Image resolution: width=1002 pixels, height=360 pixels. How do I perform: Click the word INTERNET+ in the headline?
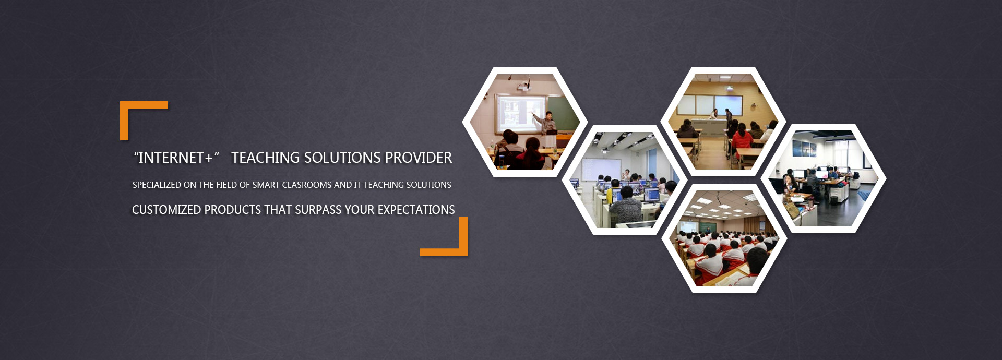point(176,158)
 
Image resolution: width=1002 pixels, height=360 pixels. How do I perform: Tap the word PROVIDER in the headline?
point(419,158)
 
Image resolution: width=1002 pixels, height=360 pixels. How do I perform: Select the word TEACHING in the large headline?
point(266,158)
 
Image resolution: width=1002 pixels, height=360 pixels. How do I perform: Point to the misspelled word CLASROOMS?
point(307,185)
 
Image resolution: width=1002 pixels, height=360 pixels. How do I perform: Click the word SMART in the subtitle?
point(266,185)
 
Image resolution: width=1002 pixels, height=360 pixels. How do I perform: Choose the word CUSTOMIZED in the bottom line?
point(166,210)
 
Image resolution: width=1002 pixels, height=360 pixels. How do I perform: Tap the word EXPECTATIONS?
point(416,210)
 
